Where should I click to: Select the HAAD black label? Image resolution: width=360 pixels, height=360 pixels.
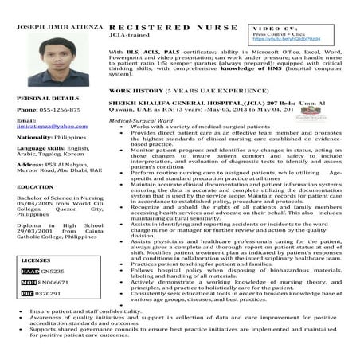click(29, 271)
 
